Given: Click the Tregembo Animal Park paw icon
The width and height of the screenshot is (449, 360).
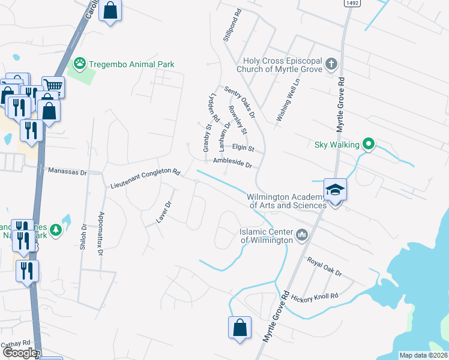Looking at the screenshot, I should tap(79, 63).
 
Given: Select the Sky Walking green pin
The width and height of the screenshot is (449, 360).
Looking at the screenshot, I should tap(369, 145).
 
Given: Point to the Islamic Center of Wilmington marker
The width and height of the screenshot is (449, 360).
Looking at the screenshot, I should tap(301, 235).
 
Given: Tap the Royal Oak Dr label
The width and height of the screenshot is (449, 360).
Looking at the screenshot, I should tap(324, 268).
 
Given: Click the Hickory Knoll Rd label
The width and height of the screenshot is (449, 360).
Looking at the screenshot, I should tap(315, 296).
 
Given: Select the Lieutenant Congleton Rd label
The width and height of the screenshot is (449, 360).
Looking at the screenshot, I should tap(145, 179).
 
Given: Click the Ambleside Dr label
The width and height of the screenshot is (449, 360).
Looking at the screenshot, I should tap(232, 163).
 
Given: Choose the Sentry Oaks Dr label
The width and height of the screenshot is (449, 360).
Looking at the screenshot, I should tap(240, 101).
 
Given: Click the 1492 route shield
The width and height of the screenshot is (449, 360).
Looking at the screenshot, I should tap(352, 4).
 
